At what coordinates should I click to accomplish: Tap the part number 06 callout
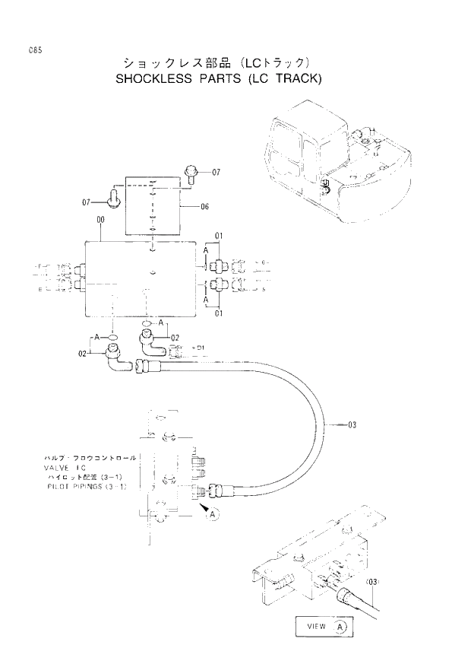click(x=204, y=207)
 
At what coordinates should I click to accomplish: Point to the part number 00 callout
click(x=100, y=220)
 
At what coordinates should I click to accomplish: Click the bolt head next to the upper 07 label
click(x=191, y=173)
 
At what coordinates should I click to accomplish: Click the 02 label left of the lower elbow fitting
click(x=83, y=353)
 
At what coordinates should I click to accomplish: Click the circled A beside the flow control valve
click(x=213, y=515)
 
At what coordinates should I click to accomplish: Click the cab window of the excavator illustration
click(x=285, y=142)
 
